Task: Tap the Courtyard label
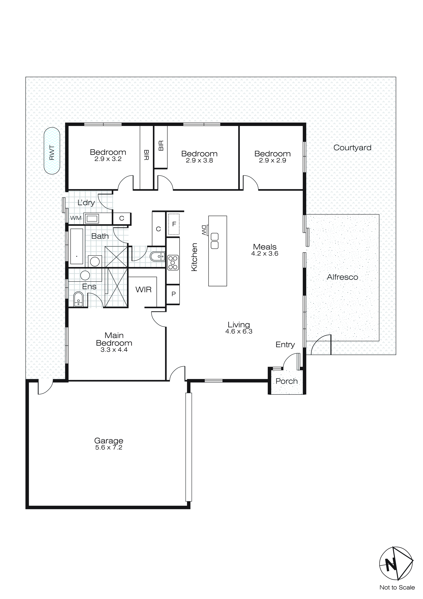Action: [352, 148]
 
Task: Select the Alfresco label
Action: [342, 277]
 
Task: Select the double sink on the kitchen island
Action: [215, 241]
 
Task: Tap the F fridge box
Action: [174, 224]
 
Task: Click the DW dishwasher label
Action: [204, 230]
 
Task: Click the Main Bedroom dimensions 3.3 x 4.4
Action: [114, 350]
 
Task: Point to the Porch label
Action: [286, 381]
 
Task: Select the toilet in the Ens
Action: [78, 299]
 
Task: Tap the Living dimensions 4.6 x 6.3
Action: [239, 331]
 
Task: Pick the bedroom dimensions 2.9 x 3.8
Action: [199, 161]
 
